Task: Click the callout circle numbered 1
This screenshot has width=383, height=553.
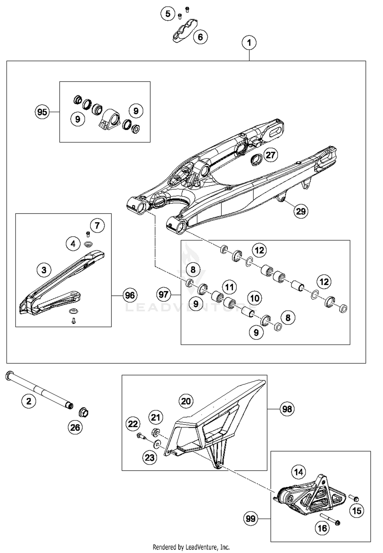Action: [249, 43]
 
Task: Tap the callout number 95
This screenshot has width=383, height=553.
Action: [42, 112]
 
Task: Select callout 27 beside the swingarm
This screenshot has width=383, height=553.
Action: [270, 155]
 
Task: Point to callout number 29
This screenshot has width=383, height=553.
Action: [301, 211]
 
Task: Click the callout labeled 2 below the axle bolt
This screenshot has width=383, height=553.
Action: [29, 401]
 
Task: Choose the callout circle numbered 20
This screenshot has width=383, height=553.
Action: [186, 401]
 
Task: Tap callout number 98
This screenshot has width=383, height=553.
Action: [287, 409]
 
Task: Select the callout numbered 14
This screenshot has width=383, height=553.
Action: [299, 472]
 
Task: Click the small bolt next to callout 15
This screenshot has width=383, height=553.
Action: [354, 498]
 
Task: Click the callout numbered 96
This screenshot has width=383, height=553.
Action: [130, 295]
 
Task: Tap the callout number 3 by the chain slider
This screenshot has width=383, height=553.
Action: [44, 270]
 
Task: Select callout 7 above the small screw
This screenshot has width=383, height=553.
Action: [97, 225]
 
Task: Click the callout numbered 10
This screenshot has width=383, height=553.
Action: [255, 298]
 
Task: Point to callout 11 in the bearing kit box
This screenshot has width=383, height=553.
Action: [229, 287]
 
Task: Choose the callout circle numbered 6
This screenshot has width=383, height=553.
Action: [200, 37]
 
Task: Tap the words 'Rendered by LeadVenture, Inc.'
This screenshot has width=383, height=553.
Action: [191, 547]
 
